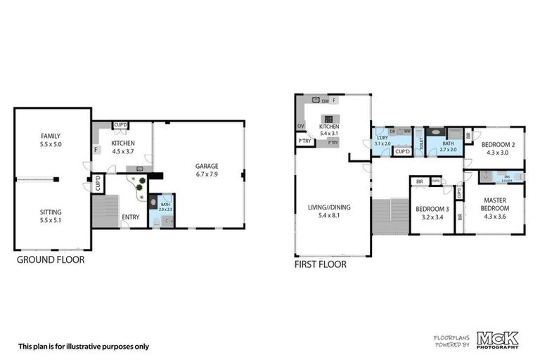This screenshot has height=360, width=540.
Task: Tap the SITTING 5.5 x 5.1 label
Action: (50, 212)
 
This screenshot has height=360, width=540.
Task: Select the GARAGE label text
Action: (207, 167)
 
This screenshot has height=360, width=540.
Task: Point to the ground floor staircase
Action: (105, 210)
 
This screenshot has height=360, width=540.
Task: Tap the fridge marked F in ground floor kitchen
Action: (96, 149)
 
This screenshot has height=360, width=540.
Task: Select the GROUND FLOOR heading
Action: (50, 259)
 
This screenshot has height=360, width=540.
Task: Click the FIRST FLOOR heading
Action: (320, 265)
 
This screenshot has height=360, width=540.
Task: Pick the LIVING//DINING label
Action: (328, 207)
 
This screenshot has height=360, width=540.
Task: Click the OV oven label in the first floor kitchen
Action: (301, 127)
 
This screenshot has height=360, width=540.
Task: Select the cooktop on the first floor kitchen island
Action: (328, 119)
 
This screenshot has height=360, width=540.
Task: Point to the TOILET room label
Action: (421, 143)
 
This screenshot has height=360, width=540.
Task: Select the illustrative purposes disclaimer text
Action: (83, 346)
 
